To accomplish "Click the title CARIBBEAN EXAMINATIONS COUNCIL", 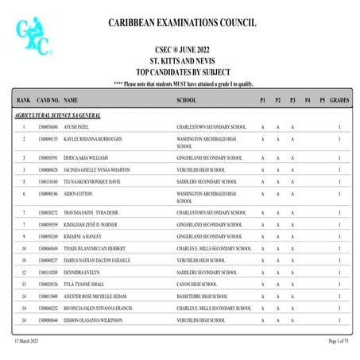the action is pos(182,23).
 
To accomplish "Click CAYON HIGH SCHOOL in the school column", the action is pos(197,284).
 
